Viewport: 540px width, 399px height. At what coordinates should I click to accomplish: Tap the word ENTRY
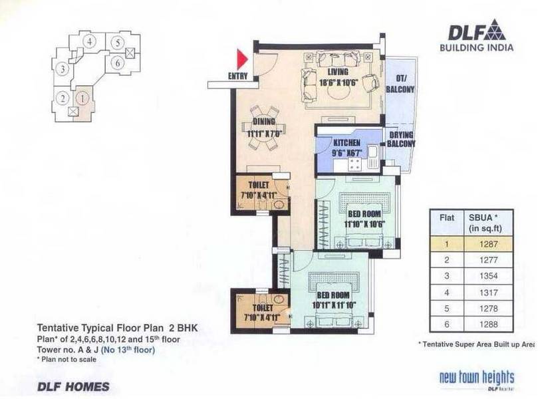coord(237,76)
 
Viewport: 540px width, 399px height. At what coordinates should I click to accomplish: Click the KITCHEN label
coord(346,143)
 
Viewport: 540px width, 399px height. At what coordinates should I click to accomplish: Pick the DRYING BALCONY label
coord(402,139)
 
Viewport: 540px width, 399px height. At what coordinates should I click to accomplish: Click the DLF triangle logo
coord(495,31)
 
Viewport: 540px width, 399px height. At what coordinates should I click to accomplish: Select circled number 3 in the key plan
coord(61,68)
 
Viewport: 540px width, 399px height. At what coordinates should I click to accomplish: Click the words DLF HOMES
coord(65,386)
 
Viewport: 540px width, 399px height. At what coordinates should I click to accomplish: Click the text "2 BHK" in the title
coord(180,328)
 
